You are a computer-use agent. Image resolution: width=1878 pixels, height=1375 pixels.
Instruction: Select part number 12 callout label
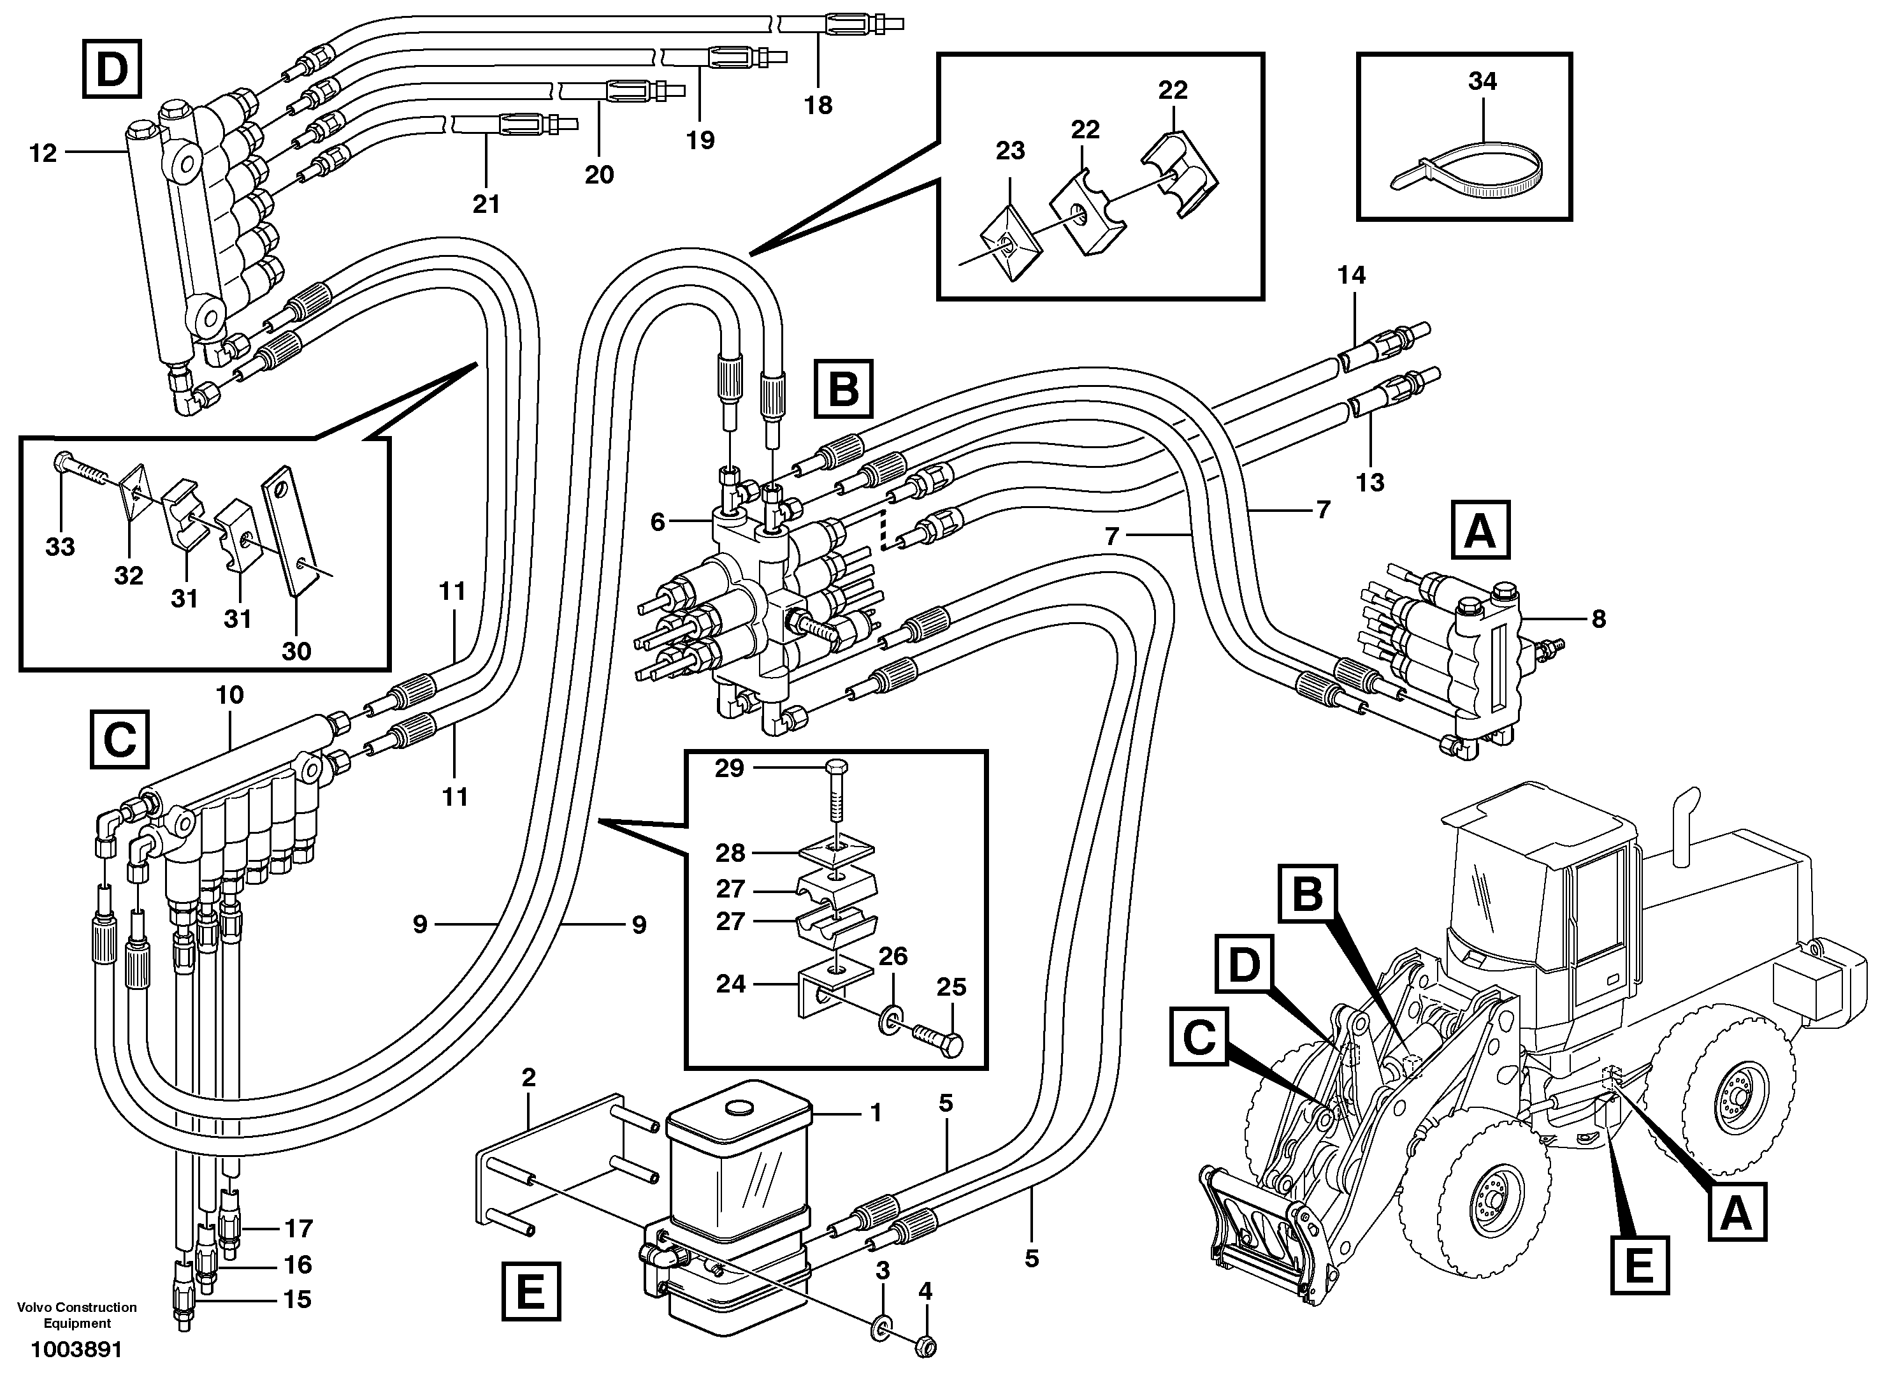coord(43,153)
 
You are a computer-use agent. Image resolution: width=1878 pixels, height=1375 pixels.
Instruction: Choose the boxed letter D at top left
coord(112,71)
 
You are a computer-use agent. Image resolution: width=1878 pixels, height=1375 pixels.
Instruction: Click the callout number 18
coord(818,106)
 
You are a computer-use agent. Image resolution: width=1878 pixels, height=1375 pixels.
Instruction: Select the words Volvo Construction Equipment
coord(77,1315)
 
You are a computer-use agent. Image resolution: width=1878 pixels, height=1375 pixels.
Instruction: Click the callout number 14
coord(1351,275)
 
